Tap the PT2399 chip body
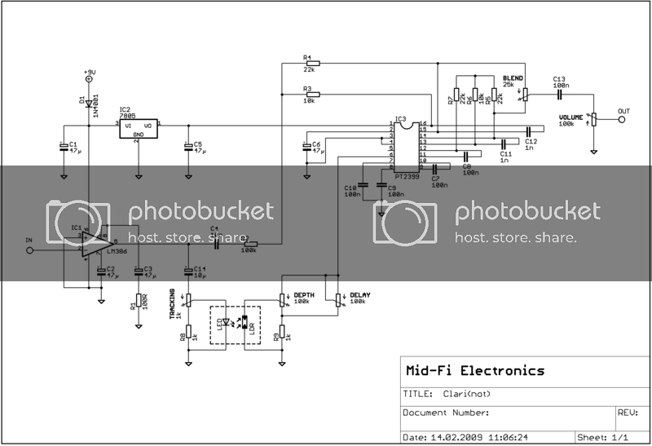click(x=405, y=148)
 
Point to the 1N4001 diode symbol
click(x=89, y=104)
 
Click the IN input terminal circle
click(x=30, y=251)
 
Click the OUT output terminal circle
click(x=621, y=121)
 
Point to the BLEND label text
click(x=513, y=78)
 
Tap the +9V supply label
click(x=89, y=73)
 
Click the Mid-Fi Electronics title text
click(x=474, y=370)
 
